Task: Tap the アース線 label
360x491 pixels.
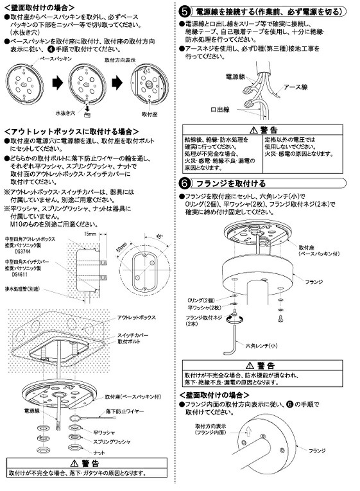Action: click(297, 88)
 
